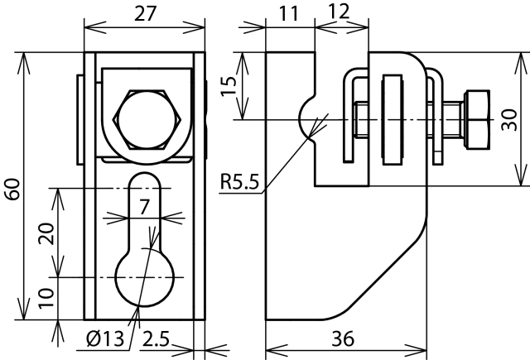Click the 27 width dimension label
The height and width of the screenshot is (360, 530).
click(146, 14)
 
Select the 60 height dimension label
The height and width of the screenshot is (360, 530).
click(13, 190)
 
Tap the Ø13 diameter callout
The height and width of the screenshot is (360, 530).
click(105, 338)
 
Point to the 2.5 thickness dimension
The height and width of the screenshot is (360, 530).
click(156, 338)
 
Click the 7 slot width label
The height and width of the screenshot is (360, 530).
click(144, 207)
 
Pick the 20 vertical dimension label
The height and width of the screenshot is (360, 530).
click(46, 233)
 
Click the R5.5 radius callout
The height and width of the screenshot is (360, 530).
click(239, 181)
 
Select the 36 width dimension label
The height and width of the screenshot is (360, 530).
click(343, 338)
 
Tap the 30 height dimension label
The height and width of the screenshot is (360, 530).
click(509, 119)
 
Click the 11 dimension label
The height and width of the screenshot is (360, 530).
click(289, 14)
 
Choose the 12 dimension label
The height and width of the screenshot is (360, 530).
click(339, 12)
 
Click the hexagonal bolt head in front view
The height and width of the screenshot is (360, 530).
click(147, 119)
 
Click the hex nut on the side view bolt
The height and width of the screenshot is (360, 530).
click(478, 119)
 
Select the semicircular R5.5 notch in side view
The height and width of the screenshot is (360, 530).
click(300, 118)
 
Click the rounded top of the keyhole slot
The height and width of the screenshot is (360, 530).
click(145, 173)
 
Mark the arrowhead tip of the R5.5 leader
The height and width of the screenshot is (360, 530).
click(309, 137)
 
